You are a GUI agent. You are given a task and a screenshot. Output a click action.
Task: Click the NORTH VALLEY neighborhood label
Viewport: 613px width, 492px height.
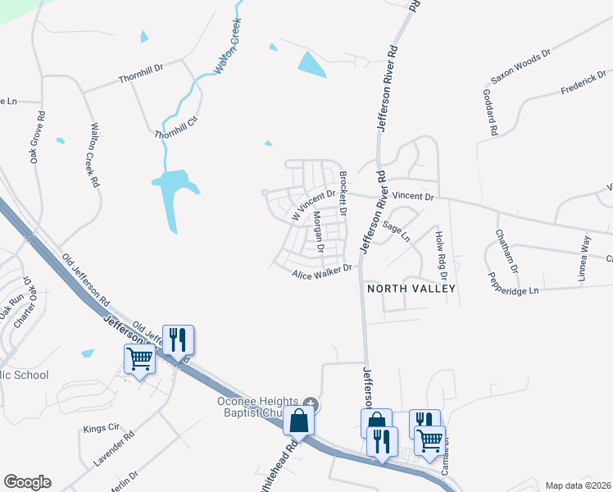coord(411,289)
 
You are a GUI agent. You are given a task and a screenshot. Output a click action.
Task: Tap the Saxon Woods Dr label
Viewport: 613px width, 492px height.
coord(520,66)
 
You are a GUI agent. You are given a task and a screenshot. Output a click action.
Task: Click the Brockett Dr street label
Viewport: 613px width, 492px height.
coord(344,194)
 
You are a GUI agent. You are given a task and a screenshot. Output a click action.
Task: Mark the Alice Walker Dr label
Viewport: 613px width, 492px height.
coord(322,271)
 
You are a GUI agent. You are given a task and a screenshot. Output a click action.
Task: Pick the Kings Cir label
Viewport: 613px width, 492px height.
coord(102,429)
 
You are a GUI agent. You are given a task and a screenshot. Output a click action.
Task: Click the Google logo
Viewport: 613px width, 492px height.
coord(27,482)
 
